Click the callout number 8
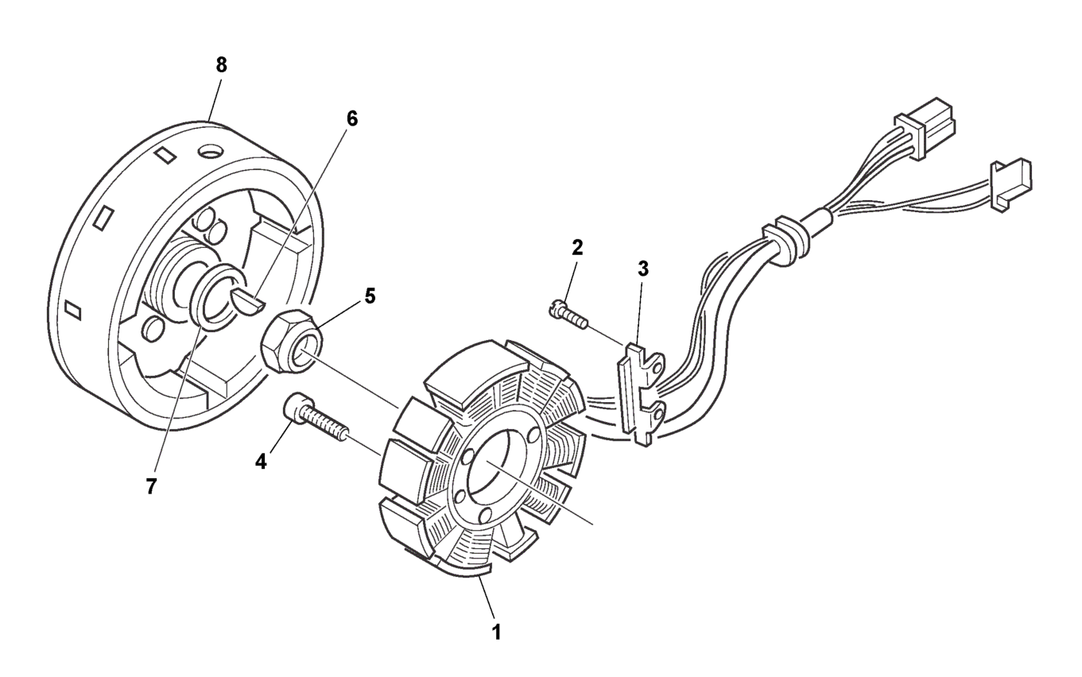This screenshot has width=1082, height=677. (221, 66)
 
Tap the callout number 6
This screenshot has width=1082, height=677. (351, 118)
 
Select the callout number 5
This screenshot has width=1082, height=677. (370, 296)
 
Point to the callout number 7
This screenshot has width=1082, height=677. (151, 486)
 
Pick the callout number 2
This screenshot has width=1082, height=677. (577, 246)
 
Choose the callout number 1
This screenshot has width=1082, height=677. (497, 633)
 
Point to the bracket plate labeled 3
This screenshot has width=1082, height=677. (638, 389)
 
